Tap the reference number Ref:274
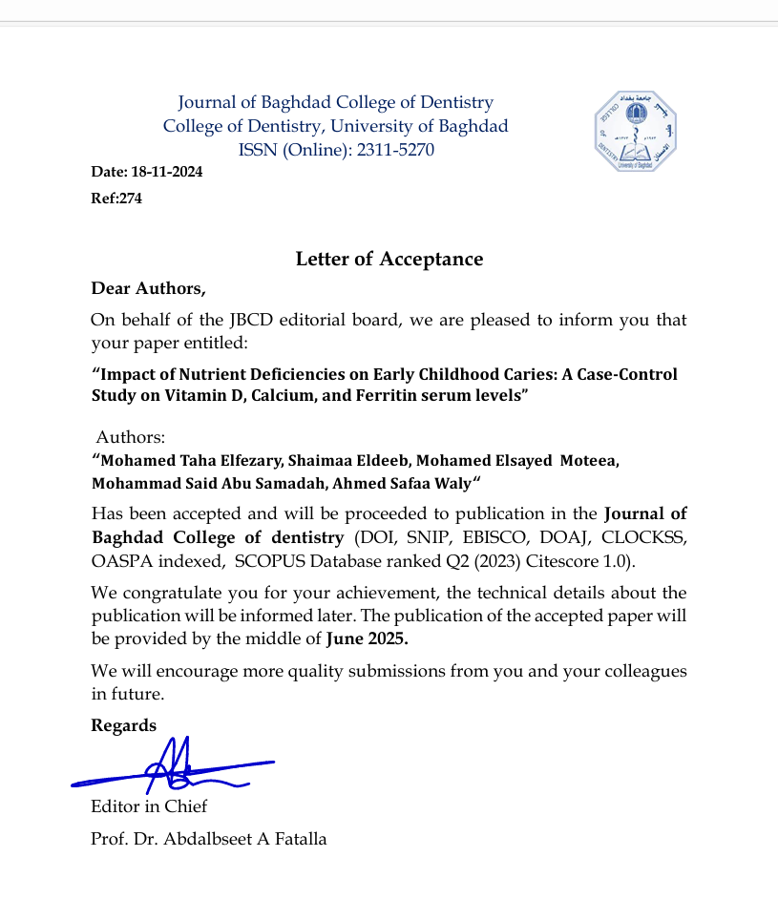116,199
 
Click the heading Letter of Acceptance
389,259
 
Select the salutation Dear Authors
148,287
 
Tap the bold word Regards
123,725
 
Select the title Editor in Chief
149,806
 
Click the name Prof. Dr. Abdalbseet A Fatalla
209,839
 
